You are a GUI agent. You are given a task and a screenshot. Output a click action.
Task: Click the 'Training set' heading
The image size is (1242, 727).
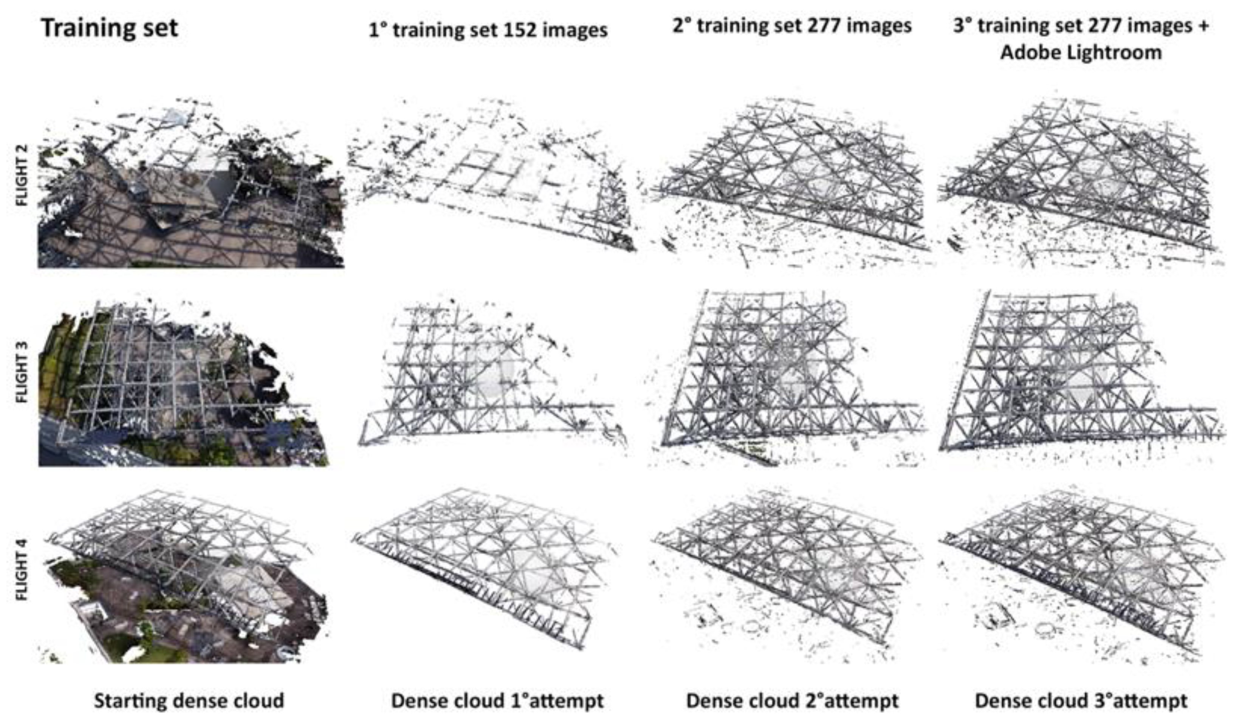tap(109, 28)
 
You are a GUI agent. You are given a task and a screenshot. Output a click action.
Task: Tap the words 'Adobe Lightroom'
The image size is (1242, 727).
tap(1081, 52)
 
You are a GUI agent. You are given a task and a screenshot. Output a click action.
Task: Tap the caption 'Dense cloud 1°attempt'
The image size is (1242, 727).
tap(497, 701)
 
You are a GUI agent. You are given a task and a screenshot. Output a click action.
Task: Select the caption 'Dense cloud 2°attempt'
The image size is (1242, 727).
tap(792, 701)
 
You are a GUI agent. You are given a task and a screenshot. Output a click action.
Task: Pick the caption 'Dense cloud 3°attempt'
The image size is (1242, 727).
tap(1081, 701)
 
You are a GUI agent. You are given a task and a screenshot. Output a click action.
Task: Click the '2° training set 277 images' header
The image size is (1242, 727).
tap(792, 26)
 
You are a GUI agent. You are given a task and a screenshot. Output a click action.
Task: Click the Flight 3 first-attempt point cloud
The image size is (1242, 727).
tap(493, 380)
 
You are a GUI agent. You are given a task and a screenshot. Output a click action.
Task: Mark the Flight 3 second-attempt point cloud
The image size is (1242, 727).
tap(788, 380)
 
